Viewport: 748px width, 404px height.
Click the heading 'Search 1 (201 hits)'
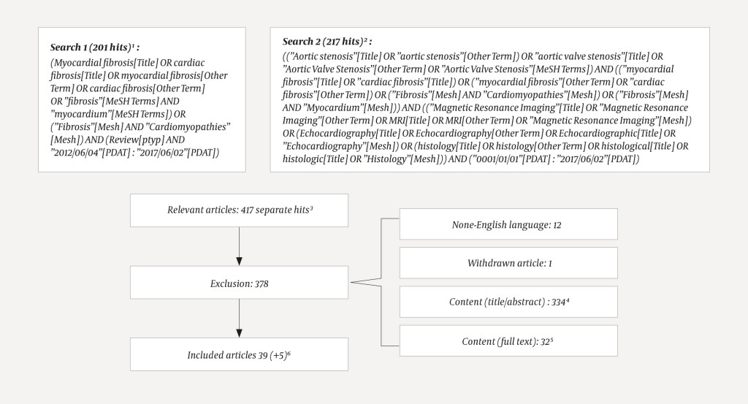(100, 47)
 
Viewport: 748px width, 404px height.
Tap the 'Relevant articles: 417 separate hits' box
(239, 210)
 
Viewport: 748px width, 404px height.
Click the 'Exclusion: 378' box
(239, 283)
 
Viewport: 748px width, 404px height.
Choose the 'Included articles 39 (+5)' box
(239, 354)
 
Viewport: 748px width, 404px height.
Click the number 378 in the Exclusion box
(257, 283)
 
